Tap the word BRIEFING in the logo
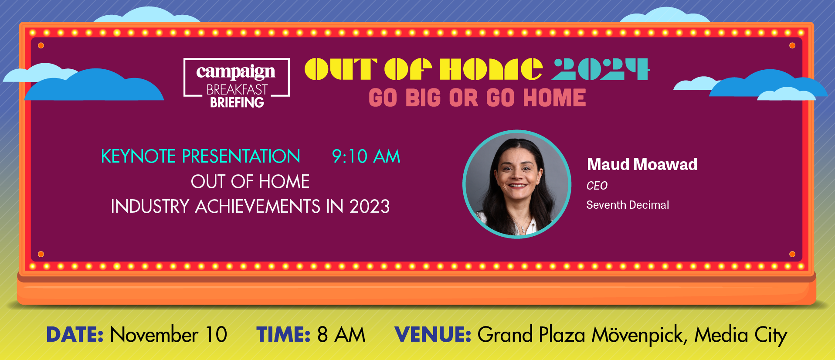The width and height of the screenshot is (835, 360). (237, 102)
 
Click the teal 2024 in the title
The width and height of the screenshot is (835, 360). (600, 69)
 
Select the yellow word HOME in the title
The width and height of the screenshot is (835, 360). (491, 69)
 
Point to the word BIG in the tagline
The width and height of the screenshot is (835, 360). (423, 98)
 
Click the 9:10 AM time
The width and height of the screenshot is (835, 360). (366, 156)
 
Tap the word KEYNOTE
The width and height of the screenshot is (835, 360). (139, 156)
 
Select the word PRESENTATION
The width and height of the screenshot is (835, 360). (241, 156)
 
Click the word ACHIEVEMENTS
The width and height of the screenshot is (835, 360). (258, 206)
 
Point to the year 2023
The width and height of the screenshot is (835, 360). (370, 206)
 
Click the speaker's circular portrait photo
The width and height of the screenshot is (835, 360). (517, 184)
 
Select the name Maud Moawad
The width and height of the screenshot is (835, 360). (642, 164)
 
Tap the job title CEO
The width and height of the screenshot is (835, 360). (597, 186)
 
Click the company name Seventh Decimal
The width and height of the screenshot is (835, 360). (628, 205)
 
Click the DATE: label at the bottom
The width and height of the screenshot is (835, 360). (75, 335)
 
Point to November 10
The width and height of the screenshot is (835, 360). (169, 335)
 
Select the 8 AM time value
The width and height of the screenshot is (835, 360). (341, 335)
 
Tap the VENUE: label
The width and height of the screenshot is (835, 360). (433, 335)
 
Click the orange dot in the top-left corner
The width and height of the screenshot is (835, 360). (41, 45)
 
